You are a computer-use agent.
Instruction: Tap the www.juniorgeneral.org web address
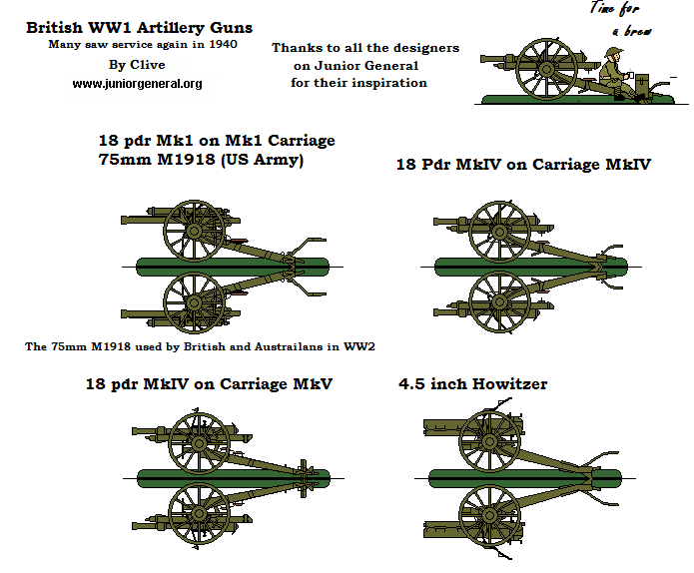[137, 84]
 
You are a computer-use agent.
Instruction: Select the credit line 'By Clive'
[137, 65]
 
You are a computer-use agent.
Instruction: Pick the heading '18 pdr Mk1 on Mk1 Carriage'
[217, 140]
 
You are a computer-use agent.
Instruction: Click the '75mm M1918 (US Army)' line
[201, 159]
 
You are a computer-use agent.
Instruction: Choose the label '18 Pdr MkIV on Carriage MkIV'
[523, 164]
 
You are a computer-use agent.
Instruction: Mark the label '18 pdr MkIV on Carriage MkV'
[209, 383]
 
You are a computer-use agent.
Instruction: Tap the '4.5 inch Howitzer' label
[472, 383]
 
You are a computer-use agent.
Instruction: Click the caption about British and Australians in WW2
[199, 346]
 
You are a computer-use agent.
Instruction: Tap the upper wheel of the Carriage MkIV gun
[499, 231]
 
